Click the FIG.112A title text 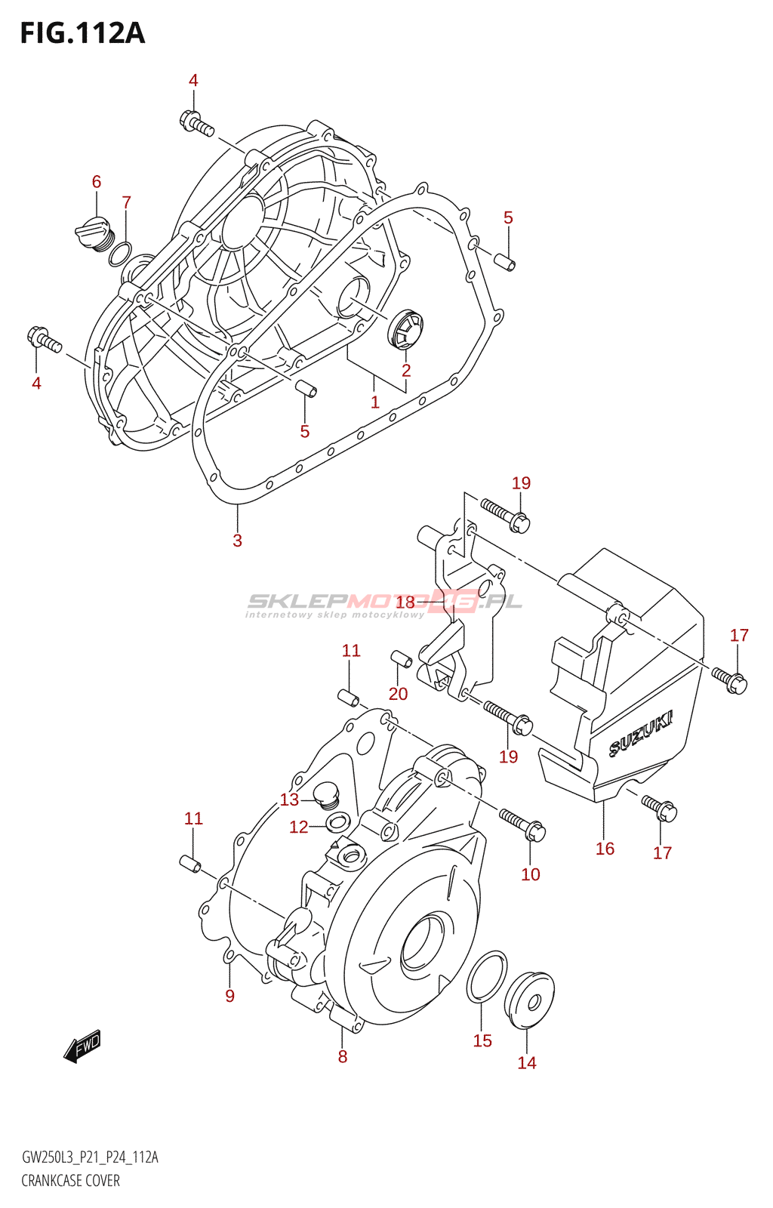82,33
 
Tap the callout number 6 97,182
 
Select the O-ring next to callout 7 120,254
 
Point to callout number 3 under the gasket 237,541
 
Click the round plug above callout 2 405,329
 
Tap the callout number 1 374,402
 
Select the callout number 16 605,849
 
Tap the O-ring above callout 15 486,977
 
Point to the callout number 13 289,800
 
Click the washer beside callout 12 338,822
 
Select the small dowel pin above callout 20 401,658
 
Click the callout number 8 342,1056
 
